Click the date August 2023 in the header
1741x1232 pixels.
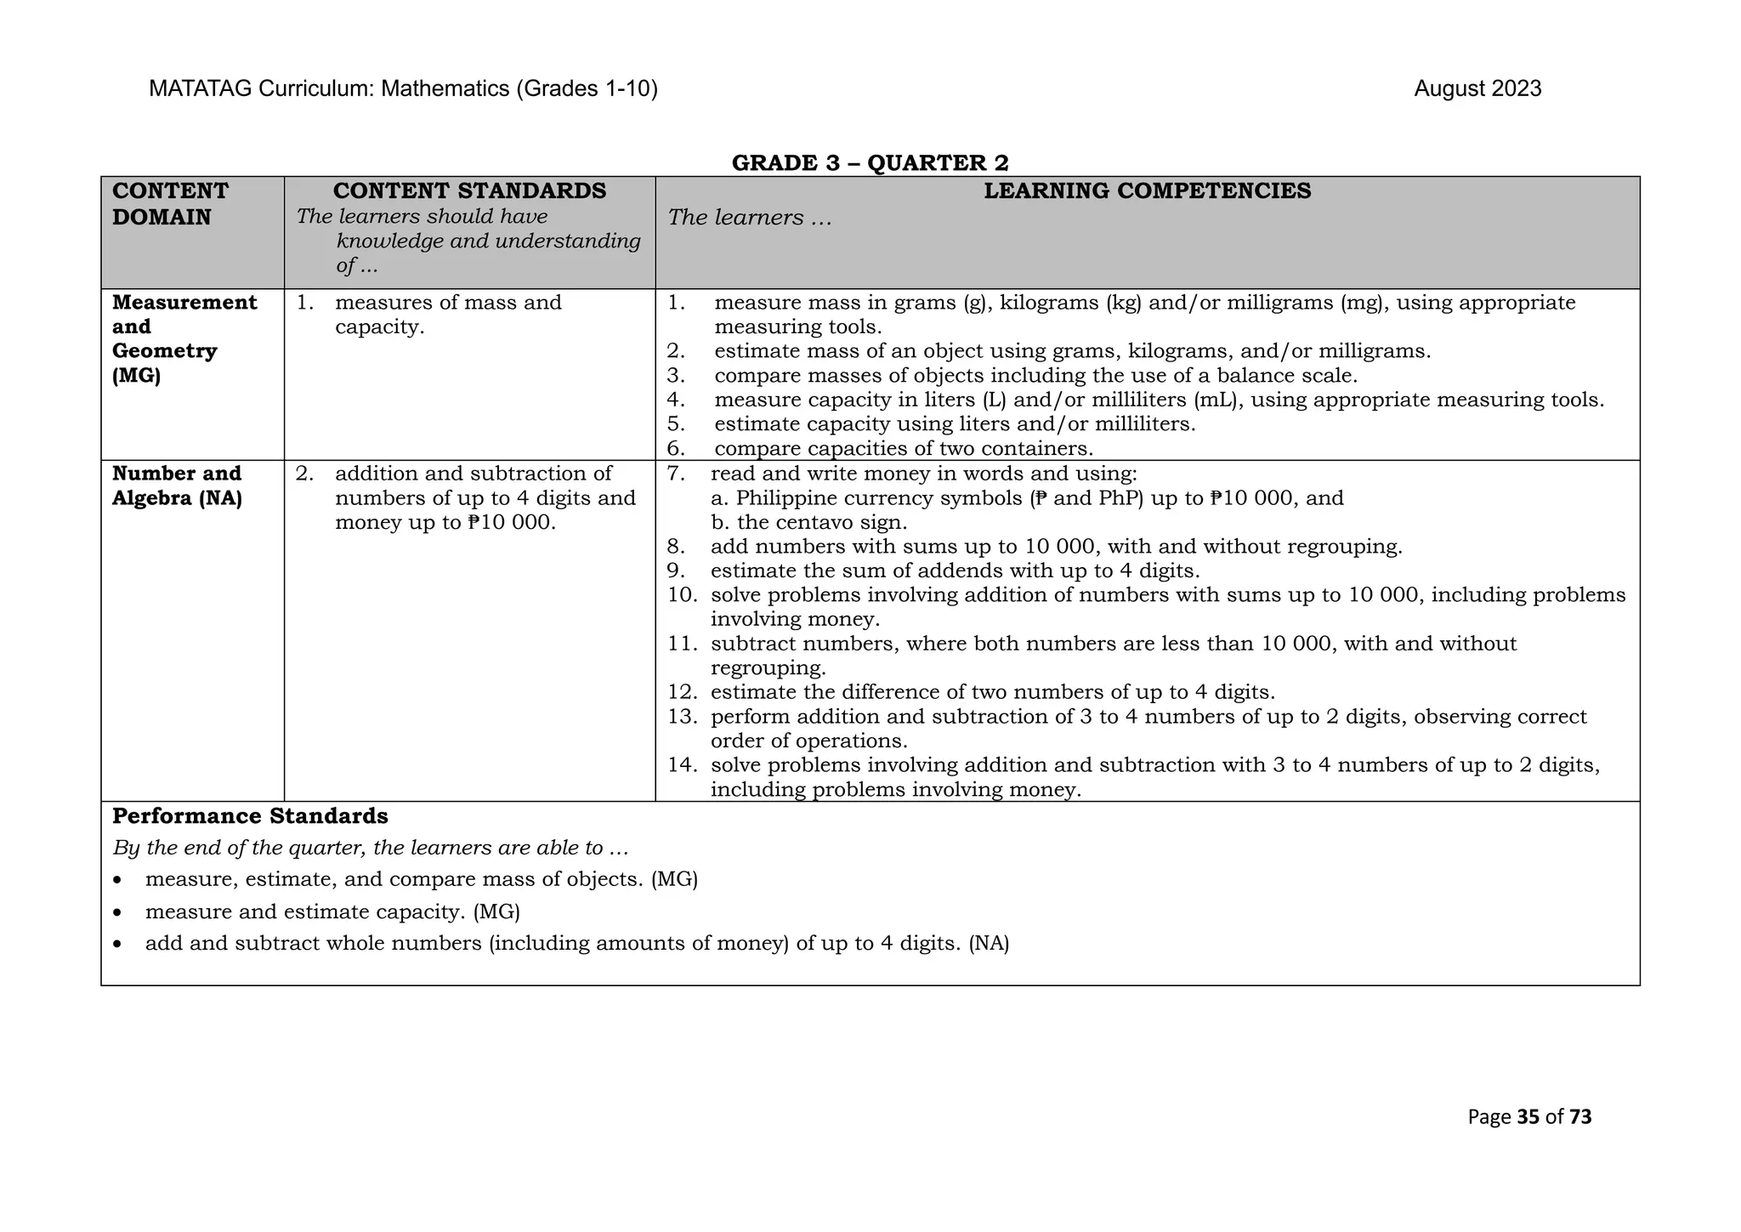[1477, 89]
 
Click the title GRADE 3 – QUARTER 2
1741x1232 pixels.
[870, 162]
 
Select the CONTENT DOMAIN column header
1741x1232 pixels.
[170, 204]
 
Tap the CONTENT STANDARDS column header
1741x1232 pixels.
[469, 191]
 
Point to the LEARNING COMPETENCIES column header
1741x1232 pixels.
[1147, 191]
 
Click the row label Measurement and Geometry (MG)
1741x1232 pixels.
[184, 338]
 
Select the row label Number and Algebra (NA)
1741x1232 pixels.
[177, 485]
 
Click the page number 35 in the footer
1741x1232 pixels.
[1528, 1117]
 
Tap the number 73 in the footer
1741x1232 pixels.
[1580, 1117]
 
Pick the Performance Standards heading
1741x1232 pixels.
[250, 816]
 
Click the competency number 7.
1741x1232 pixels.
[676, 474]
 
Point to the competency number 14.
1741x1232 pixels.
[682, 765]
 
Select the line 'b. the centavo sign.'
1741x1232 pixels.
[808, 522]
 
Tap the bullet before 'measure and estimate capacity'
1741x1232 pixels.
[118, 913]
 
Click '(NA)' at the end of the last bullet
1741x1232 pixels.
[988, 944]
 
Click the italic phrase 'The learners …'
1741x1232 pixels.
[749, 218]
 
